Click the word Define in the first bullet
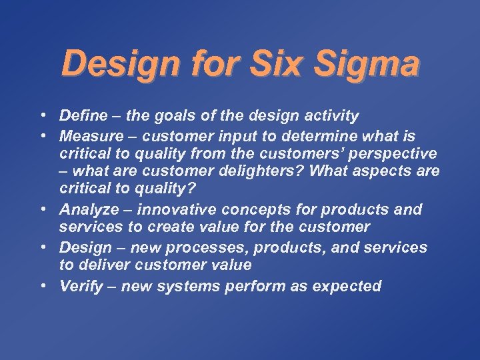[x=83, y=116]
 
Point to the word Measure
[x=89, y=137]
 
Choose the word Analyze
[x=89, y=209]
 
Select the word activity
[x=331, y=116]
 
